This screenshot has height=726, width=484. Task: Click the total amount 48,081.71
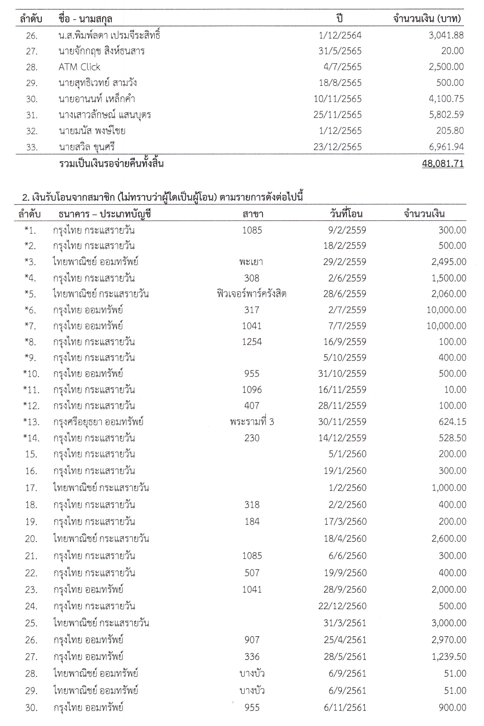pos(443,164)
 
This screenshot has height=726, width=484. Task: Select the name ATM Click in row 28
pos(79,67)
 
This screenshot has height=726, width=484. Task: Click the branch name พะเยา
pos(251,262)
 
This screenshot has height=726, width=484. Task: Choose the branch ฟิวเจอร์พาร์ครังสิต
pos(251,294)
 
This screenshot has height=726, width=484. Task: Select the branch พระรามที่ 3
pos(252,422)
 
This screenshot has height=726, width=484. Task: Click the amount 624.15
pos(453,422)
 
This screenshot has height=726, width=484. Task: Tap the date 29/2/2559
pos(345,262)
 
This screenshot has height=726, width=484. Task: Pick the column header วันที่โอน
pos(346,214)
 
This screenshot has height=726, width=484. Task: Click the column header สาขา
pos(253,214)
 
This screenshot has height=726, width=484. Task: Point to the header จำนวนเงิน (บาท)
pos(427,18)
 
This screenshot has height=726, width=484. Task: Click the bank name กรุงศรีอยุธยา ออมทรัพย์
pos(98,422)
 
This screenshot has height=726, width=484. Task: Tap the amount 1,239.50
pos(449,657)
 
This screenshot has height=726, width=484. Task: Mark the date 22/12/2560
pos(342,606)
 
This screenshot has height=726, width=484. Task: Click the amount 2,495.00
pos(449,262)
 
